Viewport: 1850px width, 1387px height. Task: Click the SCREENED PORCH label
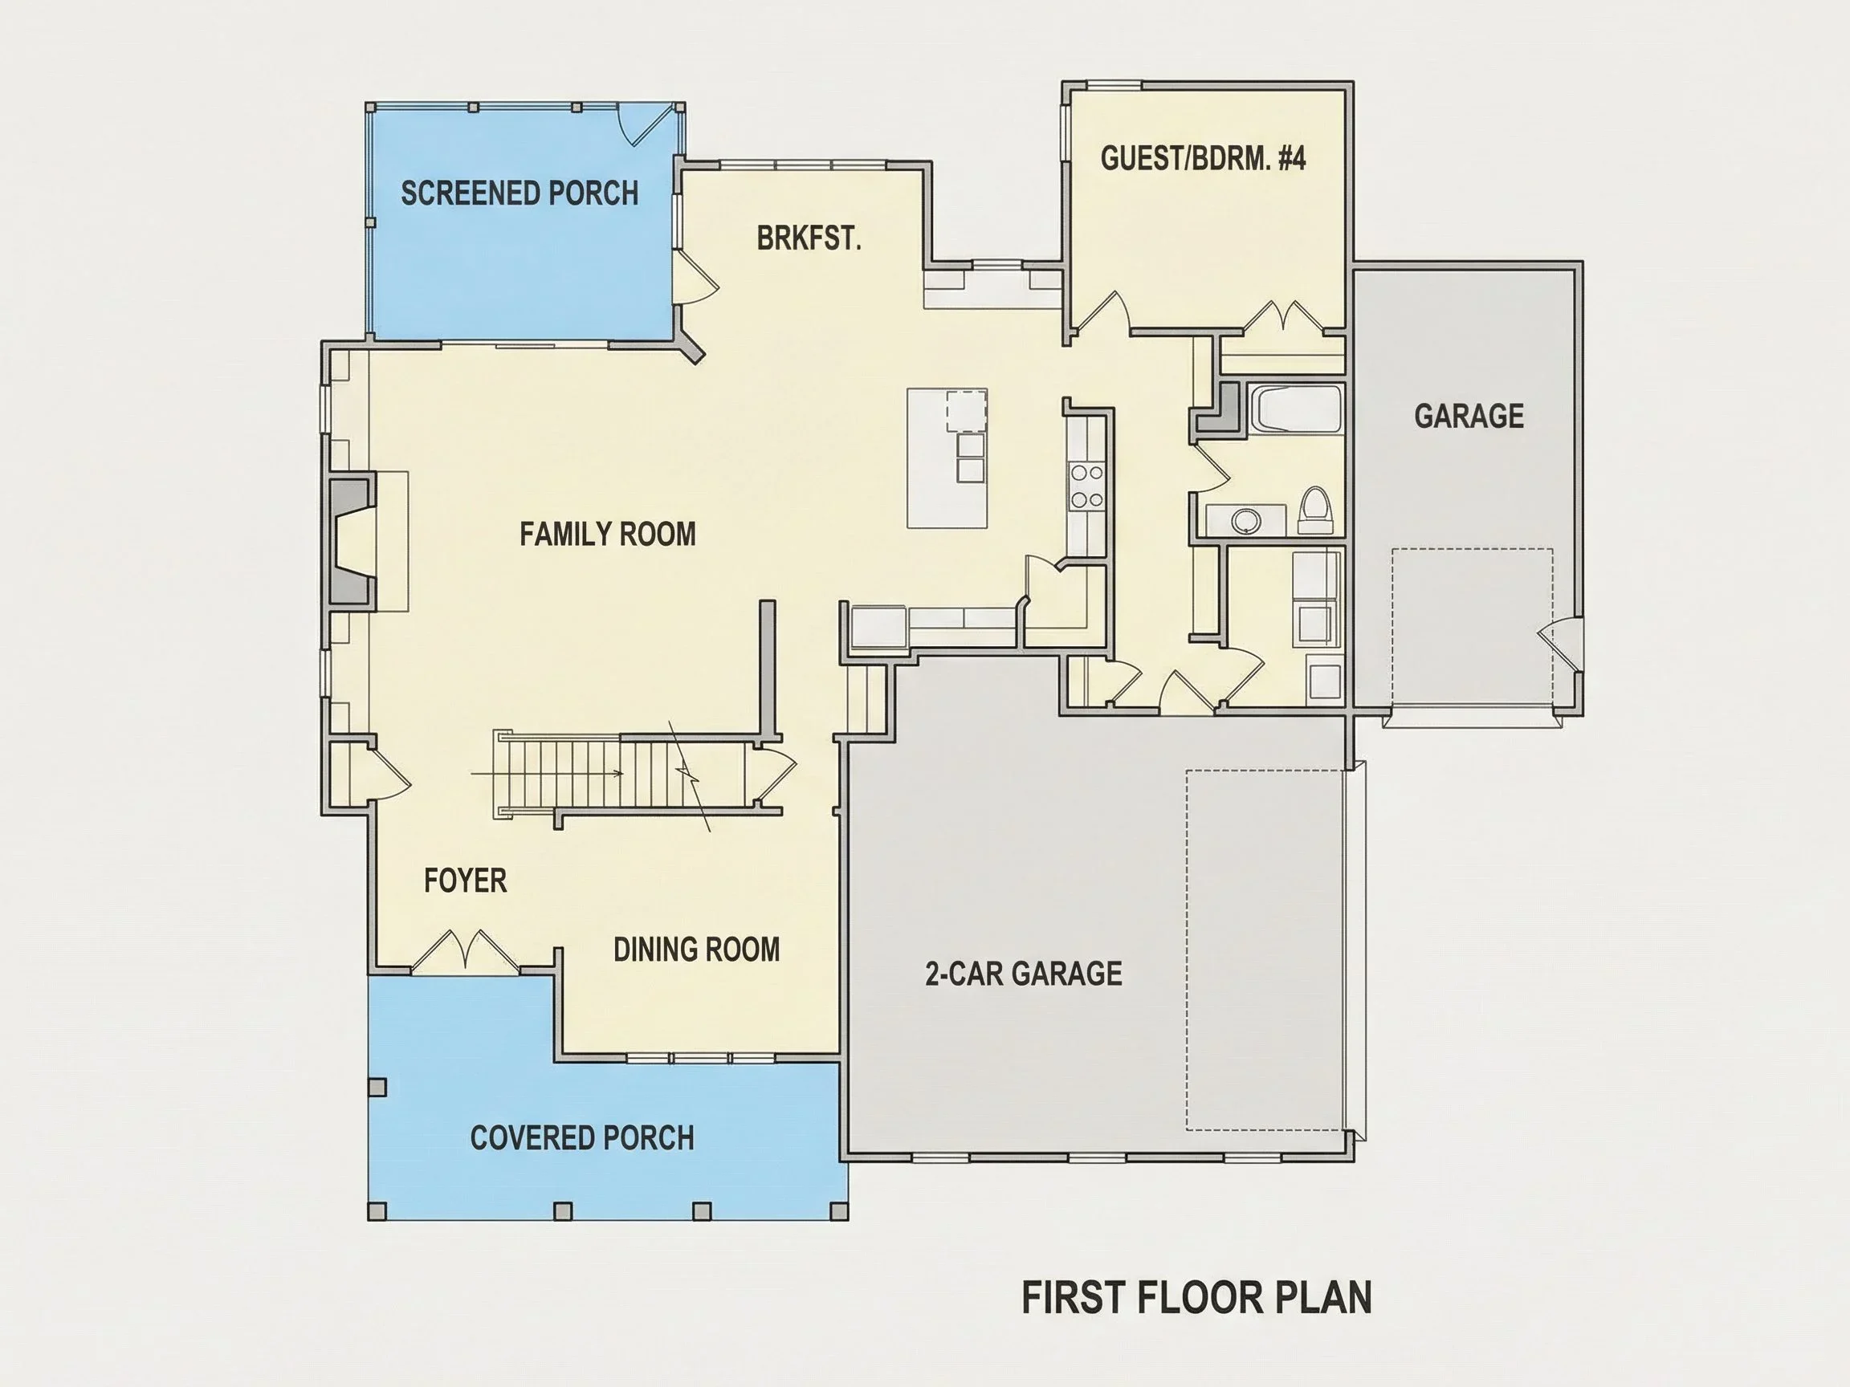520,193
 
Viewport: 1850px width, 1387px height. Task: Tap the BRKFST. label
809,239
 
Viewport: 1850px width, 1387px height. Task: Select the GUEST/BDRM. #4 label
1203,158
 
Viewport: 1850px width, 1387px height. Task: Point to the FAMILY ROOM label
608,535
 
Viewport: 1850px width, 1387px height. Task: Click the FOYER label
465,881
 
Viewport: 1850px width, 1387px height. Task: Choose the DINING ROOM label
697,950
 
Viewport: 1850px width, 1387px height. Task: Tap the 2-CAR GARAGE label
1024,974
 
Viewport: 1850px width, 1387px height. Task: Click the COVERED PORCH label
582,1138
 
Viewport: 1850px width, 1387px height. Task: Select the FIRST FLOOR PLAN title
1197,1298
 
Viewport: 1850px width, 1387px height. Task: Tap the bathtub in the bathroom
1295,409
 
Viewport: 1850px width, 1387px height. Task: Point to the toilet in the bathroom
1314,510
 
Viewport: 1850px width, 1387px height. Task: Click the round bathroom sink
1245,521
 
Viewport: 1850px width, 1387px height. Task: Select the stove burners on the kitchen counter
1086,486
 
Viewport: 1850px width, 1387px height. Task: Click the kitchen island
947,458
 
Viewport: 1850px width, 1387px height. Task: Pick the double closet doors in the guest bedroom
1282,317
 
